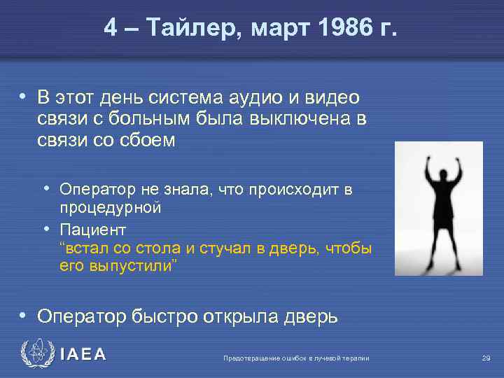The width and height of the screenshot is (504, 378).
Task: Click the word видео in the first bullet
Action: point(331,98)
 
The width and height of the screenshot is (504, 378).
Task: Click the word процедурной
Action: point(111,208)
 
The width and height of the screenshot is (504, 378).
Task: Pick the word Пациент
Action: point(93,229)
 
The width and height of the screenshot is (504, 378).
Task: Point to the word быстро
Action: point(164,316)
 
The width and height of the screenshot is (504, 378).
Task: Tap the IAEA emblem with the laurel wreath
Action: point(35,355)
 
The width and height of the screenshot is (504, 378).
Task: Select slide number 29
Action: point(486,358)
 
